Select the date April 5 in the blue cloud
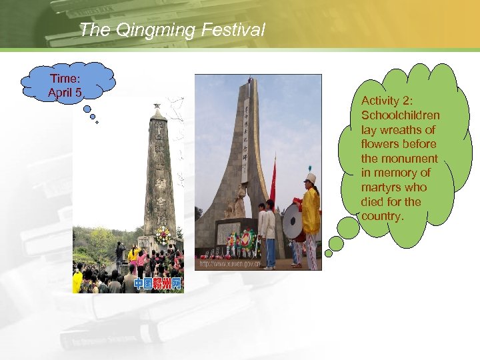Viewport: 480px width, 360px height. point(65,92)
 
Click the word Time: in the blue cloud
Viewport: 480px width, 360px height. point(65,79)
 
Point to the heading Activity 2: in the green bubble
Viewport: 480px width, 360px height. point(387,101)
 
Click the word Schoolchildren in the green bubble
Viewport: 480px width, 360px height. point(400,115)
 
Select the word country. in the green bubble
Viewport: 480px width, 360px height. point(383,216)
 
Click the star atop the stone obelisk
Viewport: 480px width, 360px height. point(157,106)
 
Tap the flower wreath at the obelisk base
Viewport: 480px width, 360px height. point(162,235)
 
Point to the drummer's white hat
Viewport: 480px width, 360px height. point(310,178)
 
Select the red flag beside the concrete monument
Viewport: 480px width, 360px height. point(273,183)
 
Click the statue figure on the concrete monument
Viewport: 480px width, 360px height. point(238,200)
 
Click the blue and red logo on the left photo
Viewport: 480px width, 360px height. point(157,284)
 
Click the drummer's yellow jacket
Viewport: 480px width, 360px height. point(311,211)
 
